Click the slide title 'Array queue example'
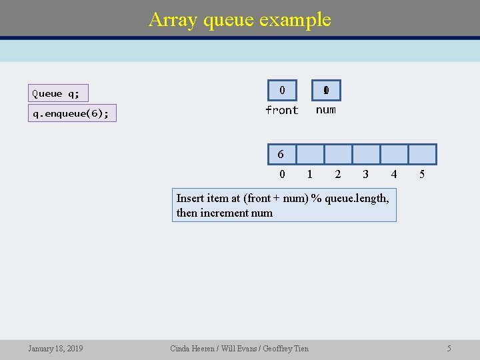click(240, 19)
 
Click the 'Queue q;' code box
click(59, 93)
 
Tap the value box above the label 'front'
click(282, 90)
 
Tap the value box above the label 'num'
click(326, 90)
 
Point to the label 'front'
click(282, 110)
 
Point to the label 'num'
click(326, 110)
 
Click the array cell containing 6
click(281, 154)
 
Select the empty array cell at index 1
click(309, 154)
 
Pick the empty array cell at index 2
click(337, 154)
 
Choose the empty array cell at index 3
click(365, 154)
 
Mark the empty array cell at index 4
click(393, 154)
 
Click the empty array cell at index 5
click(421, 154)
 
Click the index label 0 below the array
click(282, 174)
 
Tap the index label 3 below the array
click(365, 174)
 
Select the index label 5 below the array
click(421, 174)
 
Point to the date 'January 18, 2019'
click(55, 348)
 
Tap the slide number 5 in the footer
click(449, 348)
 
